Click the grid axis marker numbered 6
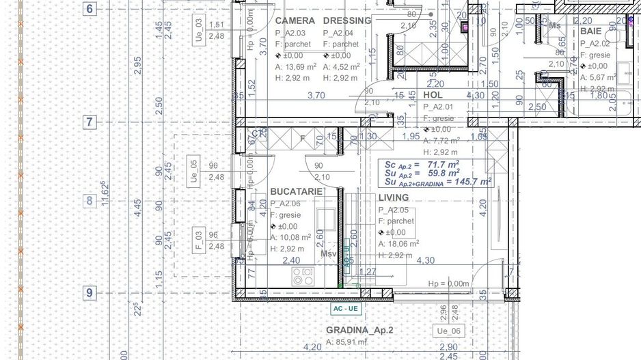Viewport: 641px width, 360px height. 90,9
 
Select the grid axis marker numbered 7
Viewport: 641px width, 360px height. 90,123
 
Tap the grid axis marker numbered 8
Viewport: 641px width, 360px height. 90,201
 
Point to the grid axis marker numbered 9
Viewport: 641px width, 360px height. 90,293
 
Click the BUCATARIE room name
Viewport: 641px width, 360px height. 296,192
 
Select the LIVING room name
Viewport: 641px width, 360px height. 394,197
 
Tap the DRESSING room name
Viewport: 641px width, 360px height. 346,20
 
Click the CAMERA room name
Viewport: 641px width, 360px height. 295,20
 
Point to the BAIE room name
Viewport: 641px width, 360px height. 591,31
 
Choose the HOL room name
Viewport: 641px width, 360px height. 433,95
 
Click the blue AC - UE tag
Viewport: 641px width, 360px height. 345,309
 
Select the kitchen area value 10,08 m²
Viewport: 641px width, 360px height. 296,237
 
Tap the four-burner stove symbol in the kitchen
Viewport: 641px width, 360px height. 303,276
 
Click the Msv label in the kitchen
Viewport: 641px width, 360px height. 330,253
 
